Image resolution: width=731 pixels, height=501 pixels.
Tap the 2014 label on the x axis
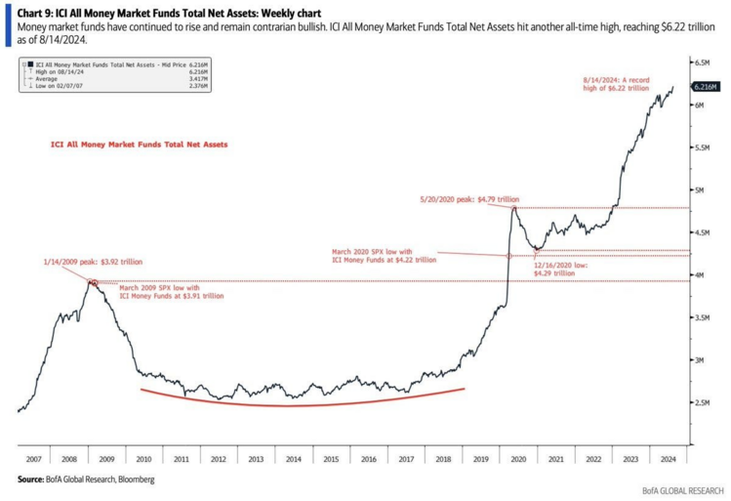point(293,458)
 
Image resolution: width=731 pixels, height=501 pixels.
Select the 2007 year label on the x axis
point(33,458)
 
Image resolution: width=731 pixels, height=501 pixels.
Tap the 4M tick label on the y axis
point(701,275)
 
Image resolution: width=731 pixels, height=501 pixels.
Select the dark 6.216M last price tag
point(706,87)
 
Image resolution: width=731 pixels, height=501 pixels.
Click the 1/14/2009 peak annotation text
point(92,263)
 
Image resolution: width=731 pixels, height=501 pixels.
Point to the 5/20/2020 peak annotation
point(468,198)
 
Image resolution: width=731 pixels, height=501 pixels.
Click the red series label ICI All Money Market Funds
point(139,144)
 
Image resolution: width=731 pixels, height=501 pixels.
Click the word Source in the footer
point(30,480)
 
